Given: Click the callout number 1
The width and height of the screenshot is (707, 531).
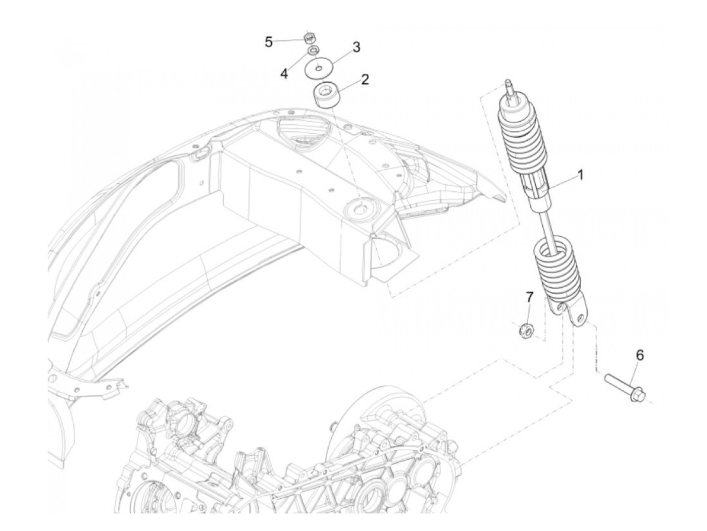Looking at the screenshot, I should click(x=580, y=175).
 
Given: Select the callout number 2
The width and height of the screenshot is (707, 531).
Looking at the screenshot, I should click(x=364, y=79).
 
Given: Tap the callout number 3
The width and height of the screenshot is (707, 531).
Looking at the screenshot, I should click(x=356, y=47).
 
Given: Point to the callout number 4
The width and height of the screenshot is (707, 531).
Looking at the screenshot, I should click(x=284, y=74).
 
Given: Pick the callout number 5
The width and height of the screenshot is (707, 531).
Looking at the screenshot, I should click(x=269, y=41).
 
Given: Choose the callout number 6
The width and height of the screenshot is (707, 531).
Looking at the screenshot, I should click(x=639, y=355).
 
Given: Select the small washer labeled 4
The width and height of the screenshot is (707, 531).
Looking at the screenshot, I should click(x=314, y=50).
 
